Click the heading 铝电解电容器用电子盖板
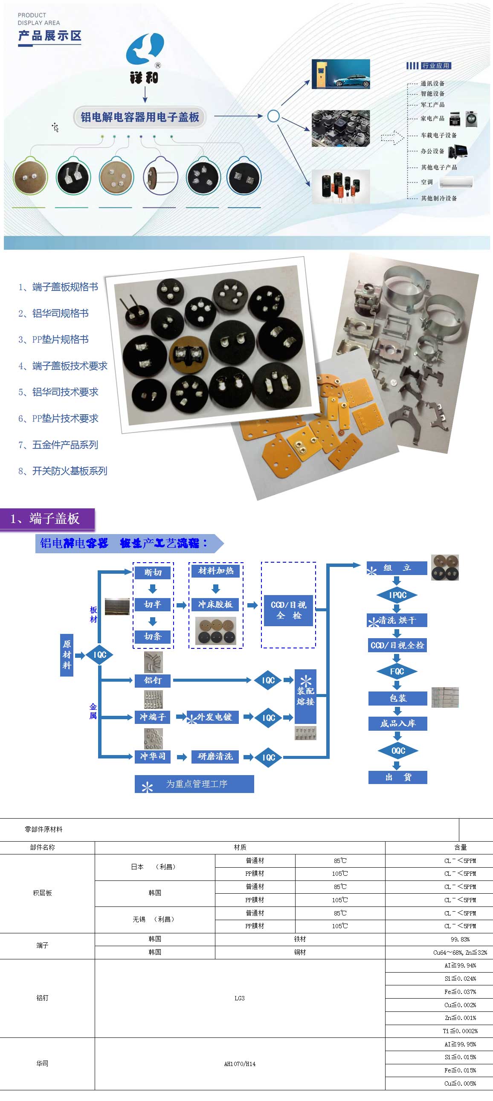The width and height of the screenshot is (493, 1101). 140,117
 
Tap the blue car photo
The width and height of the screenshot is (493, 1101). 340,74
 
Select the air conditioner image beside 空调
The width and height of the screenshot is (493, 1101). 456,182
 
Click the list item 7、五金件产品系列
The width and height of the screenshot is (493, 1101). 58,444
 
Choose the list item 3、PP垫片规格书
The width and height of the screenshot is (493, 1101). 53,340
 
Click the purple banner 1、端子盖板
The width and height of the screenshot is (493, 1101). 47,519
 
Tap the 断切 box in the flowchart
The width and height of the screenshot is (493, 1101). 153,572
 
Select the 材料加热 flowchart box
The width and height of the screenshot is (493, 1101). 216,571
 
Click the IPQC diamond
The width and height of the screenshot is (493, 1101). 397,595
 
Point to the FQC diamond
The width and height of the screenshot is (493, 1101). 397,671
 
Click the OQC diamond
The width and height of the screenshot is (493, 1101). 398,750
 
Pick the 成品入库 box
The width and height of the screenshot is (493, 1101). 398,723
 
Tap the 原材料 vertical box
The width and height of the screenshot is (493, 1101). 67,654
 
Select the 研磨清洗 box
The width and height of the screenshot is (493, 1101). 215,756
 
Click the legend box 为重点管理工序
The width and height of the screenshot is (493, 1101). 194,784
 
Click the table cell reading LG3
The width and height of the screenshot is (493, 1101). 240,998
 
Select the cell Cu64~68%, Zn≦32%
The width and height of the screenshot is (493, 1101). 460,952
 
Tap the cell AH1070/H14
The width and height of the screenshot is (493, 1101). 240,1064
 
